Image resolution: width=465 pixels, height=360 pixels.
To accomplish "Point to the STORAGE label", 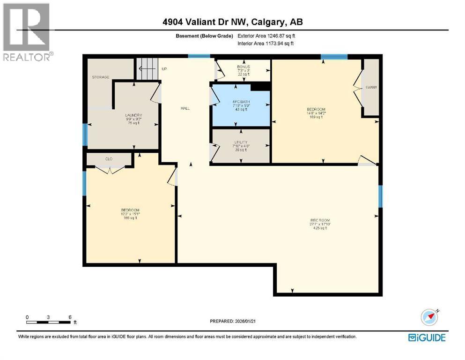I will (x=100, y=77).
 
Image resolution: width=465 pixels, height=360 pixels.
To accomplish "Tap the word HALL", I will (x=185, y=108).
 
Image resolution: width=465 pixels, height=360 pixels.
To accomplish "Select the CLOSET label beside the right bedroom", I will (x=371, y=88).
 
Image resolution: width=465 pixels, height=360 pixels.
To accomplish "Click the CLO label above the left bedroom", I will (x=109, y=159).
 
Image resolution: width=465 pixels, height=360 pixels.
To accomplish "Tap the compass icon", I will (x=429, y=317).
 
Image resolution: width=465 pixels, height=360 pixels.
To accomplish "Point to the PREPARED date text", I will (x=233, y=321).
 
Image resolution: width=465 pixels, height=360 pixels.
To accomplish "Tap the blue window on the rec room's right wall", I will (x=380, y=196).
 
